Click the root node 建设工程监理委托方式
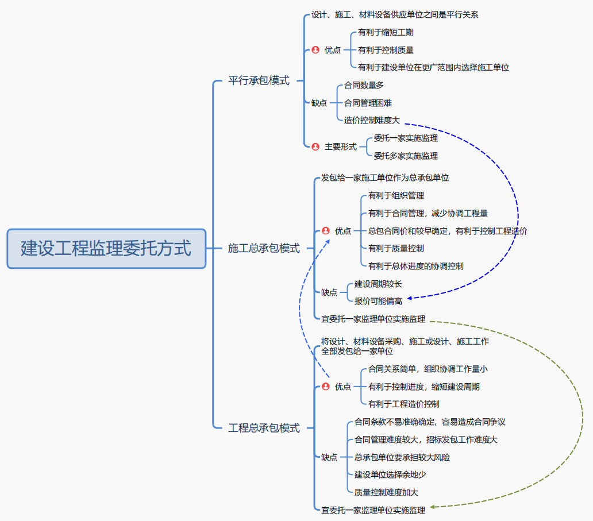click(106, 249)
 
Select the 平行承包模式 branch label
click(259, 81)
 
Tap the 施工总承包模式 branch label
click(264, 248)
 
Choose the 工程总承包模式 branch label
click(264, 428)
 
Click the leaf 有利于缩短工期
click(386, 33)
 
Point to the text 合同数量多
click(364, 86)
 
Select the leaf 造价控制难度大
click(371, 121)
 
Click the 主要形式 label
click(340, 146)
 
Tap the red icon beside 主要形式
click(315, 146)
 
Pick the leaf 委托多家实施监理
click(406, 156)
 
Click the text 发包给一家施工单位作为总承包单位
click(384, 178)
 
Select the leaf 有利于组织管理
click(396, 196)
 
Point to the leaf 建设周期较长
click(378, 284)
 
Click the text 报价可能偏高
click(378, 301)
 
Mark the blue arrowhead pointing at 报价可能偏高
click(410, 298)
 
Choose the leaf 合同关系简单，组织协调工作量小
click(428, 369)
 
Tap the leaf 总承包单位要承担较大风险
click(402, 458)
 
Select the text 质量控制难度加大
click(386, 492)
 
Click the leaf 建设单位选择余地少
click(390, 474)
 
